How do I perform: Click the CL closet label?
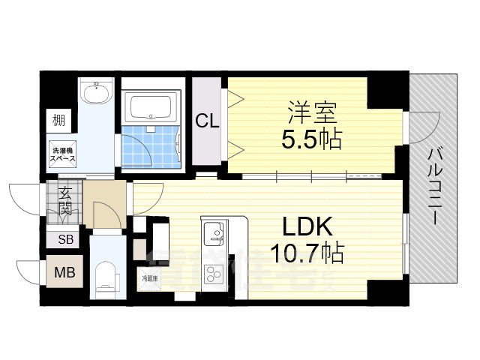(x=208, y=120)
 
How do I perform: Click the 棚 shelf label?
(x=58, y=118)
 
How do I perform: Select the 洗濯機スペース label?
(x=62, y=154)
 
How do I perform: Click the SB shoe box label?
(x=65, y=240)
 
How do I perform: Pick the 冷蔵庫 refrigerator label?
(x=150, y=278)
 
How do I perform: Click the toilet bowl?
(x=106, y=276)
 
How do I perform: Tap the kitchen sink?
(x=212, y=232)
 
